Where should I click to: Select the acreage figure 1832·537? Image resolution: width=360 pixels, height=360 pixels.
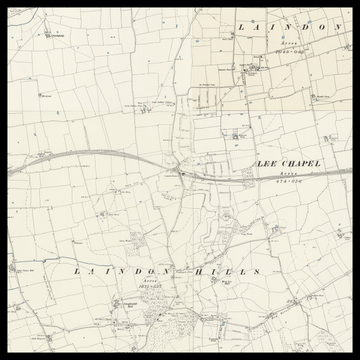pyautogui.click(x=147, y=287)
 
